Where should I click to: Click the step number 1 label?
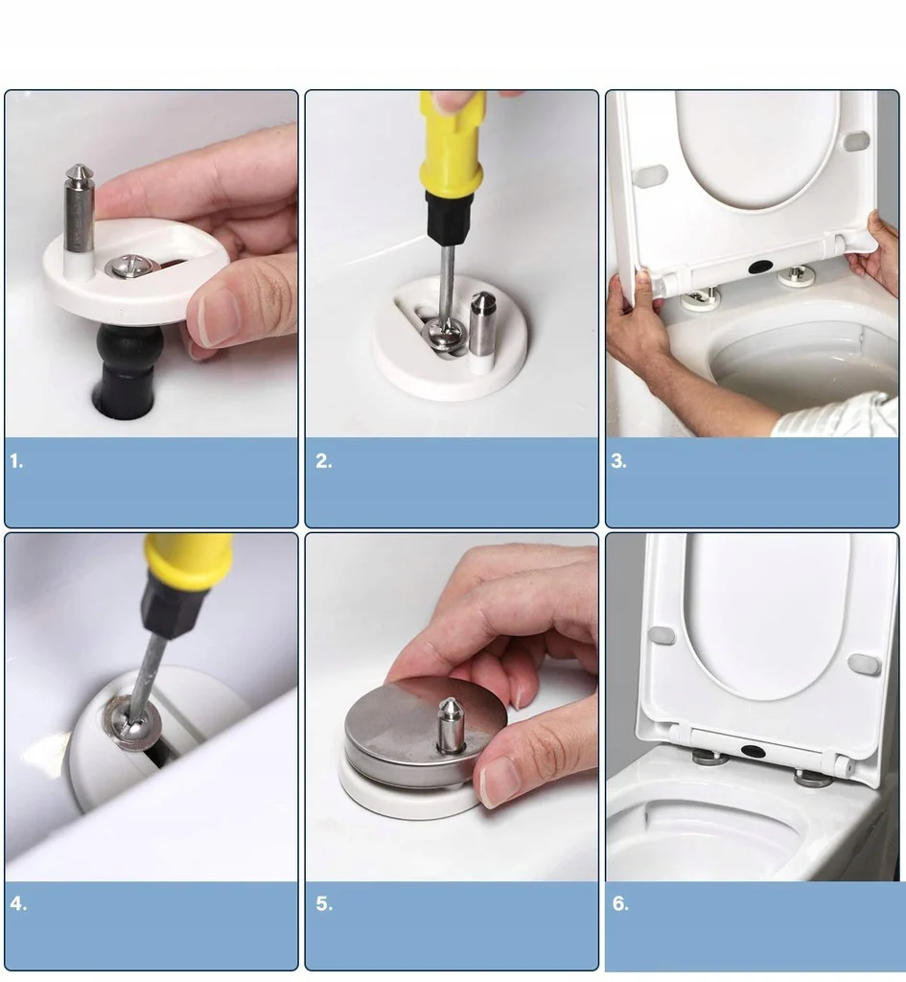pyautogui.click(x=16, y=461)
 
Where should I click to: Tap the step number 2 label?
pyautogui.click(x=324, y=461)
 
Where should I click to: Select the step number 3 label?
pyautogui.click(x=619, y=461)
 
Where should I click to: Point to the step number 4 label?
pyautogui.click(x=18, y=903)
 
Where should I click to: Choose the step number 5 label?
pyautogui.click(x=324, y=903)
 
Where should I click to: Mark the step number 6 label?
pyautogui.click(x=620, y=903)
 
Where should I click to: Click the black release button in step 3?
pyautogui.click(x=760, y=266)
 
